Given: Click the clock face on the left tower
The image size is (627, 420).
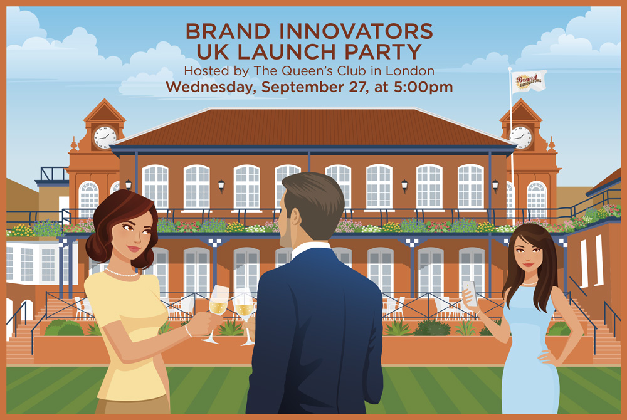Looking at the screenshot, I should (x=105, y=136).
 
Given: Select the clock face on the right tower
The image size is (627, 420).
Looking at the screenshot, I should (x=520, y=136).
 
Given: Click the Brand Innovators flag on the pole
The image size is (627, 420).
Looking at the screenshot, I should (x=528, y=80).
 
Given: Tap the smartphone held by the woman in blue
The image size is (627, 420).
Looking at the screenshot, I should (x=467, y=290).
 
